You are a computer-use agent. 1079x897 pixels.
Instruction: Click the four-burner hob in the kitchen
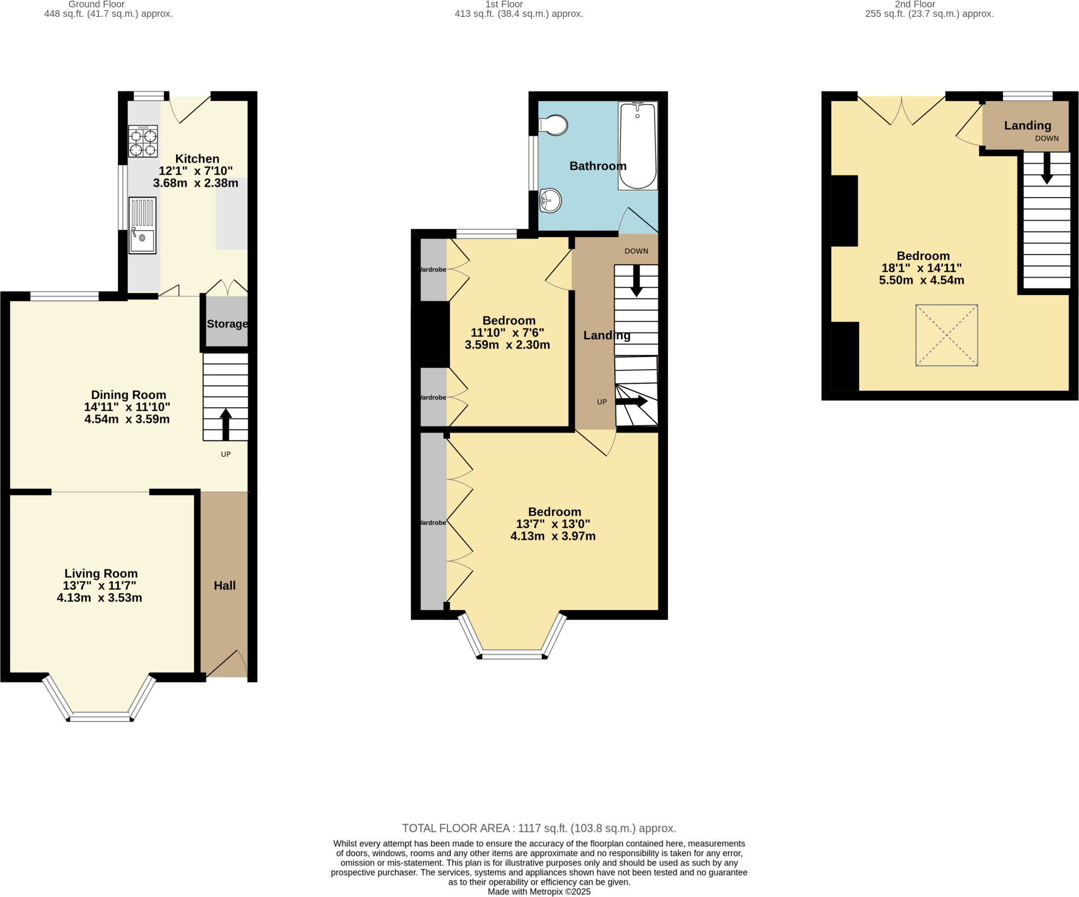click(143, 141)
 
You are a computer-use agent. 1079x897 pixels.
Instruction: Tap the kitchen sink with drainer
click(142, 225)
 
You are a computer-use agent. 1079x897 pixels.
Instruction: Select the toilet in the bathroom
click(554, 125)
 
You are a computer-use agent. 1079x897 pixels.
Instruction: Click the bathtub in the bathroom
click(637, 146)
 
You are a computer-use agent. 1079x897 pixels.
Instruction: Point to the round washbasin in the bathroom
click(551, 201)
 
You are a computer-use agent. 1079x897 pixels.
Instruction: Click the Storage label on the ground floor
click(227, 324)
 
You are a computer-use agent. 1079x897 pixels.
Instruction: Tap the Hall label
click(224, 585)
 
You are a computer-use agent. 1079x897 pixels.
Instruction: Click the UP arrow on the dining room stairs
click(225, 423)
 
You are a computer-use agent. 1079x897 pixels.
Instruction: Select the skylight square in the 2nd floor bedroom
click(947, 335)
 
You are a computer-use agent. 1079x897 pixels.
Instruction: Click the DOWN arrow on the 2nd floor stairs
click(1047, 169)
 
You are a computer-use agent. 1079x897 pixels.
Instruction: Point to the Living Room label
click(101, 573)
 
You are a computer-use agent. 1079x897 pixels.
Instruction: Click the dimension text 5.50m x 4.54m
click(921, 280)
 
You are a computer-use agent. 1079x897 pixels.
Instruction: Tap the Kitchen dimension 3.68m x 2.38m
click(195, 183)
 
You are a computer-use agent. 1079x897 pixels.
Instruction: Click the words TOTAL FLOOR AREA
click(456, 828)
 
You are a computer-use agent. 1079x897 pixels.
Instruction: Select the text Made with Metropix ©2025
click(539, 892)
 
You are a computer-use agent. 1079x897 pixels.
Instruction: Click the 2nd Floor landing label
click(1027, 125)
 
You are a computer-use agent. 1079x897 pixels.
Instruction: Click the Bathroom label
click(598, 166)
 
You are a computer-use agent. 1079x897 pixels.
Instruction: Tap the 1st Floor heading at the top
click(504, 4)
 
